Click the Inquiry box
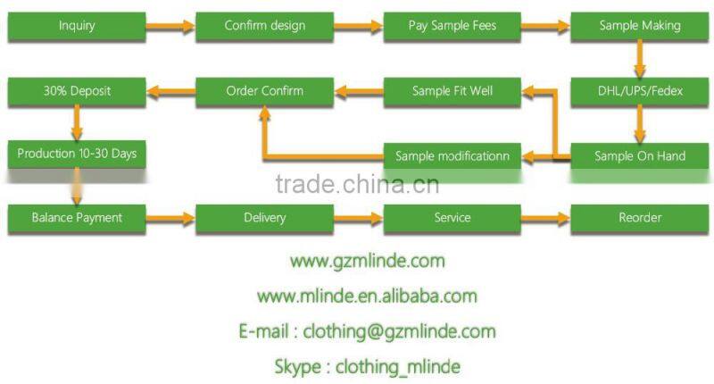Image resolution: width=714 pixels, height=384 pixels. (77, 27)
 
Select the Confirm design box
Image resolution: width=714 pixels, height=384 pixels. (264, 27)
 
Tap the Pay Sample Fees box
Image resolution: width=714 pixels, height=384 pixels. (452, 27)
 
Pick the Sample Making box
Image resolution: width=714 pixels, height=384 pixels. (640, 27)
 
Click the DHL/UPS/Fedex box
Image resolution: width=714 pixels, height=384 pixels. (640, 92)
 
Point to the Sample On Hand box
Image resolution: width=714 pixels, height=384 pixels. (640, 156)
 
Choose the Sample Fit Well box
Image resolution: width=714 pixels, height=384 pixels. (452, 92)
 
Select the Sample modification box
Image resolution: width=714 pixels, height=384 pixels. (452, 156)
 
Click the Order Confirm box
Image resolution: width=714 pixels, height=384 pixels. (264, 92)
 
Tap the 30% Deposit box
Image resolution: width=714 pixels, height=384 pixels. (77, 92)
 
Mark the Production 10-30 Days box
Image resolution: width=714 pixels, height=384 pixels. (77, 154)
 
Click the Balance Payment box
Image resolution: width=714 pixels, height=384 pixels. (77, 218)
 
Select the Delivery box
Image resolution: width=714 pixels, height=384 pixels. (264, 218)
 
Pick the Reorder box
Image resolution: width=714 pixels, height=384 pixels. (640, 218)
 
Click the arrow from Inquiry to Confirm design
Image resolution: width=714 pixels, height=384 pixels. (170, 27)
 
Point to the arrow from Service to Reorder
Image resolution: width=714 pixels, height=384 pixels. (545, 219)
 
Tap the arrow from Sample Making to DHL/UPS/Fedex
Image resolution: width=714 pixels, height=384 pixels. (640, 59)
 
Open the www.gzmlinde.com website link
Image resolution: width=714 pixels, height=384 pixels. (368, 262)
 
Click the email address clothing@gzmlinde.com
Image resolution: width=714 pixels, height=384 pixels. (399, 331)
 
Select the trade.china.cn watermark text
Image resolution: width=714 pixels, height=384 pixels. (358, 185)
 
